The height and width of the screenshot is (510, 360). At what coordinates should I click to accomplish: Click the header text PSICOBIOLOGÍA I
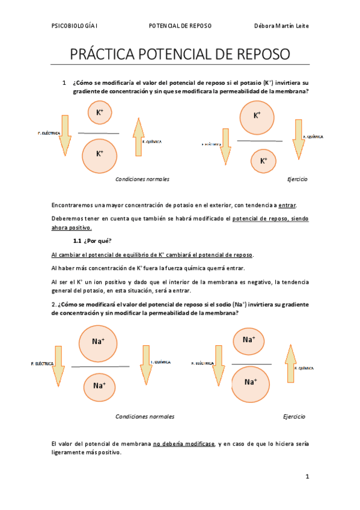click(75, 26)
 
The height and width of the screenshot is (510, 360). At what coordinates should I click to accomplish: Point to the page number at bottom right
click(307, 476)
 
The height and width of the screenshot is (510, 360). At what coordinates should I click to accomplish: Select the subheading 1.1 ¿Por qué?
click(97, 241)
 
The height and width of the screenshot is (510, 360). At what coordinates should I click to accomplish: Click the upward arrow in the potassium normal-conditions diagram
click(139, 138)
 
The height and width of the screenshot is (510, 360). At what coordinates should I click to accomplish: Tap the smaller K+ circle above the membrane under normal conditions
click(99, 112)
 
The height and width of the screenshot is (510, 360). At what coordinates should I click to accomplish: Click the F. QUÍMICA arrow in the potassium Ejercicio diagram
click(297, 138)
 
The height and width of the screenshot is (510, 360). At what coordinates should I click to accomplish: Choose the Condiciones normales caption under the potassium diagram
click(142, 179)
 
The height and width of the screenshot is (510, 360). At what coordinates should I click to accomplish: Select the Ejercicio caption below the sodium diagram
click(294, 416)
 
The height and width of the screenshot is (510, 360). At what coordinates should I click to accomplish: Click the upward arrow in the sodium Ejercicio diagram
click(290, 363)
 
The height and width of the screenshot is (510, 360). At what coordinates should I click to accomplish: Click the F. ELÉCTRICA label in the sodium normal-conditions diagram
click(42, 364)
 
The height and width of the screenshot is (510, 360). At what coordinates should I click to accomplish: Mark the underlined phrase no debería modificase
click(184, 444)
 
